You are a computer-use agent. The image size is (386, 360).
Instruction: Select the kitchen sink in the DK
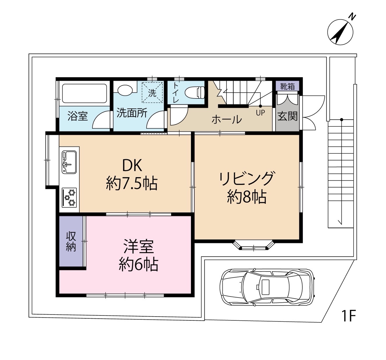[69, 162]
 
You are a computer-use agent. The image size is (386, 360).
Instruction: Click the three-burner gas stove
[69, 197]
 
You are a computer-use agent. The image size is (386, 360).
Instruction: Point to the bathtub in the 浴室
[84, 93]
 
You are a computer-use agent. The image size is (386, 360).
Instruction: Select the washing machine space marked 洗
[152, 93]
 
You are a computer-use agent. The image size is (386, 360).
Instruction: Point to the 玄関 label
[287, 116]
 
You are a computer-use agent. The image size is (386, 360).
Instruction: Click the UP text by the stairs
[260, 113]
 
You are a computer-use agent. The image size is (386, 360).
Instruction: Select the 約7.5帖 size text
[131, 184]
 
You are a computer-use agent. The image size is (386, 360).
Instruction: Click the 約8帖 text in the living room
[247, 197]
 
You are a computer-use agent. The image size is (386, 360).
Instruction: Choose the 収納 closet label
[71, 242]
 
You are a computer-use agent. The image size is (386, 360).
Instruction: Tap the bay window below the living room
[254, 245]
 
